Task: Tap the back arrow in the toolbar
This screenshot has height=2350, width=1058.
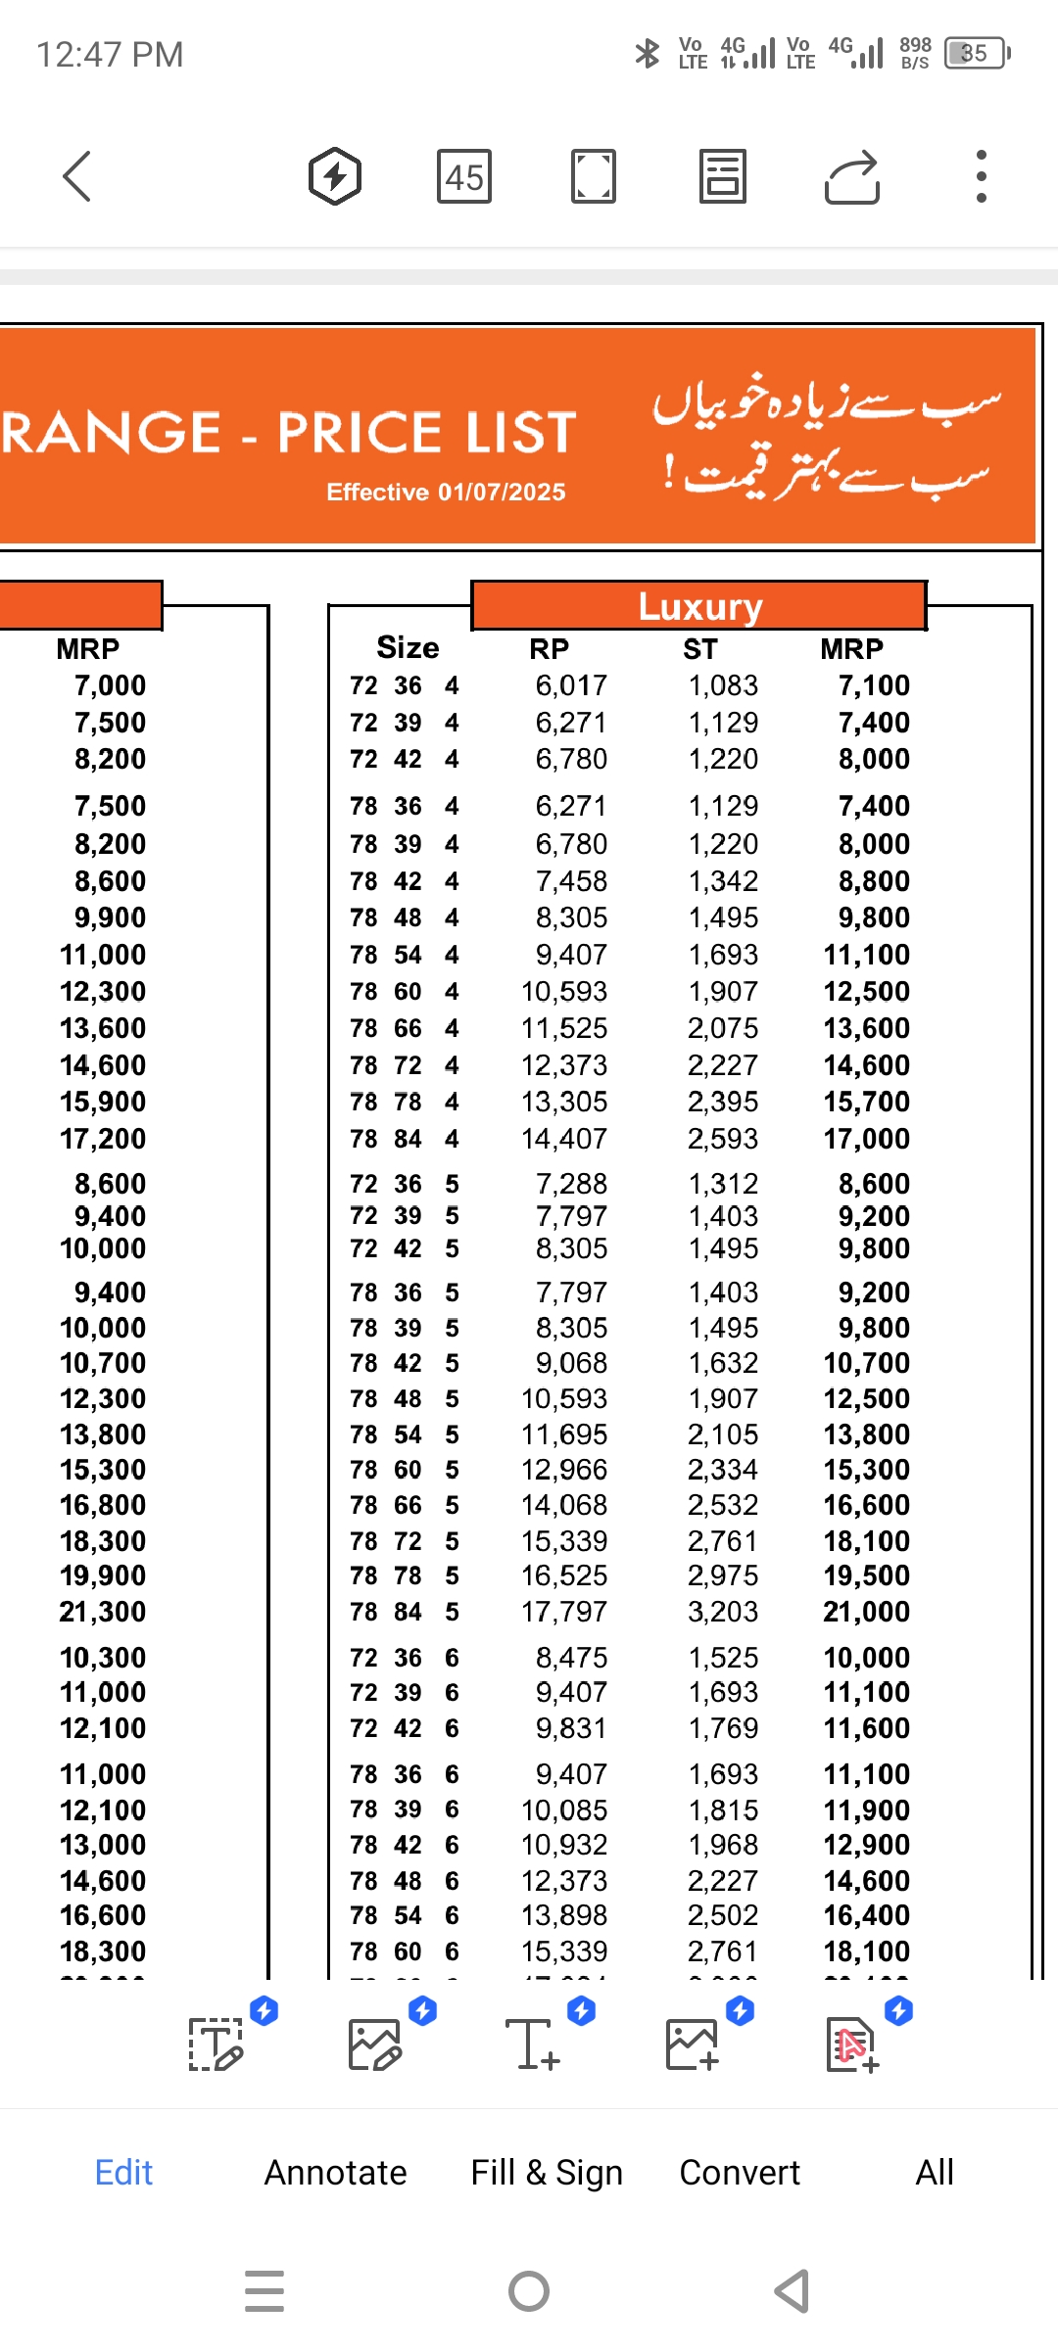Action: coord(77,177)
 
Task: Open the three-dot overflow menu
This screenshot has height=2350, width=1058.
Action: coord(981,177)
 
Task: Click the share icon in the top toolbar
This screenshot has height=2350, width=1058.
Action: coord(851,177)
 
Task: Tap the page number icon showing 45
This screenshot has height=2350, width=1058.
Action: coord(464,177)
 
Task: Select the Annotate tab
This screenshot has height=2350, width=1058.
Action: coord(335,2173)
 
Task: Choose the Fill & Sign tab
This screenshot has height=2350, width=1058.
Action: coord(547,2173)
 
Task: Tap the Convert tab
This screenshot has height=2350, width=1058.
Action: coord(740,2173)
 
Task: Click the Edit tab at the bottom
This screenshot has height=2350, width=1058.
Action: coord(123,2173)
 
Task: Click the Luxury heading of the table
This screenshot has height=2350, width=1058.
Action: coord(699,607)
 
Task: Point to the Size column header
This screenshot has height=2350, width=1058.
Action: coord(408,648)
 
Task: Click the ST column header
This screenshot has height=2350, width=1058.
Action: coord(700,649)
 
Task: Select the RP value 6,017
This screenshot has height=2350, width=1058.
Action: coord(571,685)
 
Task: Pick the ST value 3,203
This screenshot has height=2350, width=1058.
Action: coord(723,1612)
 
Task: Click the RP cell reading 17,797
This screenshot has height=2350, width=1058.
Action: coord(564,1612)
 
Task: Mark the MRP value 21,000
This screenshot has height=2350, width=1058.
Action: coord(867,1612)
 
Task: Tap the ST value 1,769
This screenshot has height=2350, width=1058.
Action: coord(723,1728)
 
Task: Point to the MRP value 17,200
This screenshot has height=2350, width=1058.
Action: coord(103,1139)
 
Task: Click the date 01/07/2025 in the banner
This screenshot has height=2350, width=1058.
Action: coord(502,492)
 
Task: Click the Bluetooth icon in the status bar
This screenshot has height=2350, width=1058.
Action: coord(648,53)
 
